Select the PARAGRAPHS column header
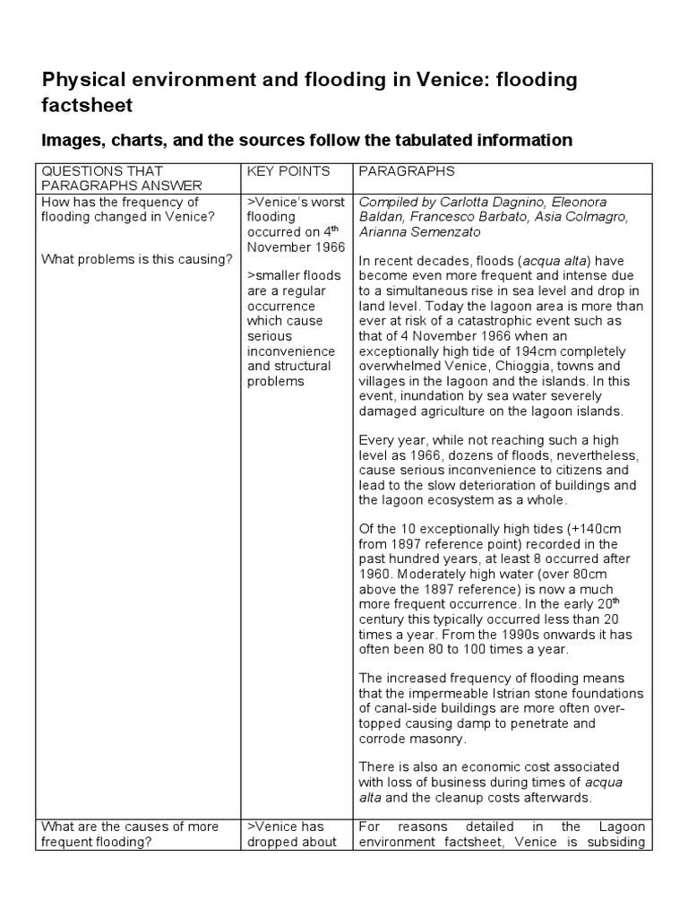click(406, 171)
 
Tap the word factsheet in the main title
click(88, 106)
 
